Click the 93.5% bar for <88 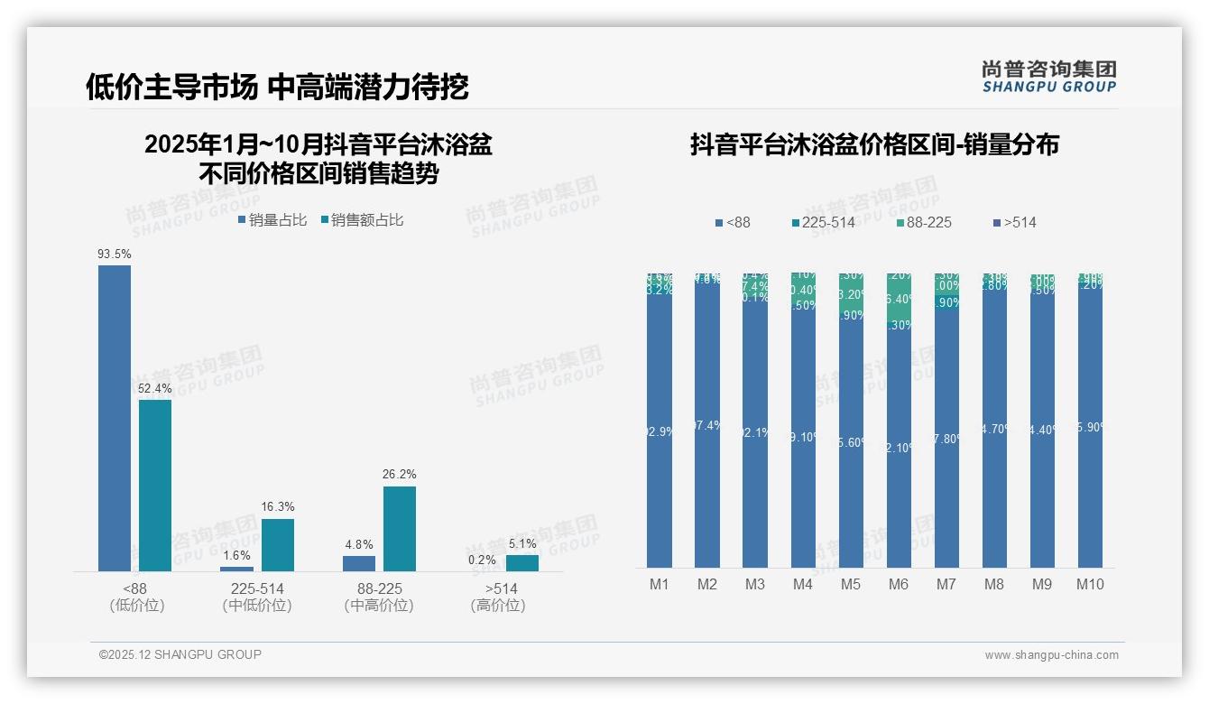(115, 418)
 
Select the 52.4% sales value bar (155, 486)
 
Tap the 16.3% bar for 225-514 (278, 544)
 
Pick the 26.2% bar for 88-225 (400, 529)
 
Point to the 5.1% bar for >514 (521, 562)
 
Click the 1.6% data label (236, 556)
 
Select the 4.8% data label (358, 545)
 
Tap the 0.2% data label (482, 560)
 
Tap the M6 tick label (898, 584)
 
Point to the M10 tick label (1090, 584)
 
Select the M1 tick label (660, 584)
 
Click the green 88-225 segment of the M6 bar (899, 298)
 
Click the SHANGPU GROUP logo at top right (1048, 76)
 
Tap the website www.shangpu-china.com (1051, 655)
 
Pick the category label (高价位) (497, 606)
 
